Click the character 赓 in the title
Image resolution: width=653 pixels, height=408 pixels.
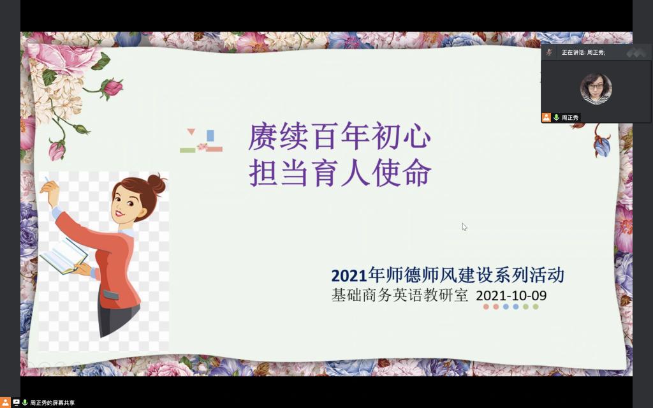(x=262, y=136)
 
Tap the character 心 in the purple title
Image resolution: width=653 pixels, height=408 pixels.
(x=417, y=136)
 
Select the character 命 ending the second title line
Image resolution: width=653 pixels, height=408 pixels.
(x=417, y=173)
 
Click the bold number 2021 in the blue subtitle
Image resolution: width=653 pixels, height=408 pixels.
(x=349, y=275)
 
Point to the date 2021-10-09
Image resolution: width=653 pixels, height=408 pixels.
(x=511, y=296)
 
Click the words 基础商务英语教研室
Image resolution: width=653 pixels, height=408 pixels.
(x=399, y=295)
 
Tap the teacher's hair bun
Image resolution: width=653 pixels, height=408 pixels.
(x=157, y=184)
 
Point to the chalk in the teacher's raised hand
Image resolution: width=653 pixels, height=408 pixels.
(x=47, y=180)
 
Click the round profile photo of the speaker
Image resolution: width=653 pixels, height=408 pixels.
(x=596, y=89)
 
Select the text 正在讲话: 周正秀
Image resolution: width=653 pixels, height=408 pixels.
(x=583, y=52)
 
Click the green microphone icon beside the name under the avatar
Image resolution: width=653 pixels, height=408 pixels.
(x=556, y=117)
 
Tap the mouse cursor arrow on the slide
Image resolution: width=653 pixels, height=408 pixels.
(x=464, y=227)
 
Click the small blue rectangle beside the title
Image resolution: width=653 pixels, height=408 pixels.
(x=210, y=136)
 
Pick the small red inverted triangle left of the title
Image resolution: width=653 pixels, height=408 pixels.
(x=191, y=132)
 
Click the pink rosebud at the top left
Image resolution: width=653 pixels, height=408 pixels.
(x=112, y=87)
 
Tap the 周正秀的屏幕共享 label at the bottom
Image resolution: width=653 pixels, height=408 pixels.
(x=52, y=403)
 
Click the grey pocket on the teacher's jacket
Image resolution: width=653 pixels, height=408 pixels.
(x=111, y=295)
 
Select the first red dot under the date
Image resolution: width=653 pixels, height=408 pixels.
(x=486, y=307)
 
